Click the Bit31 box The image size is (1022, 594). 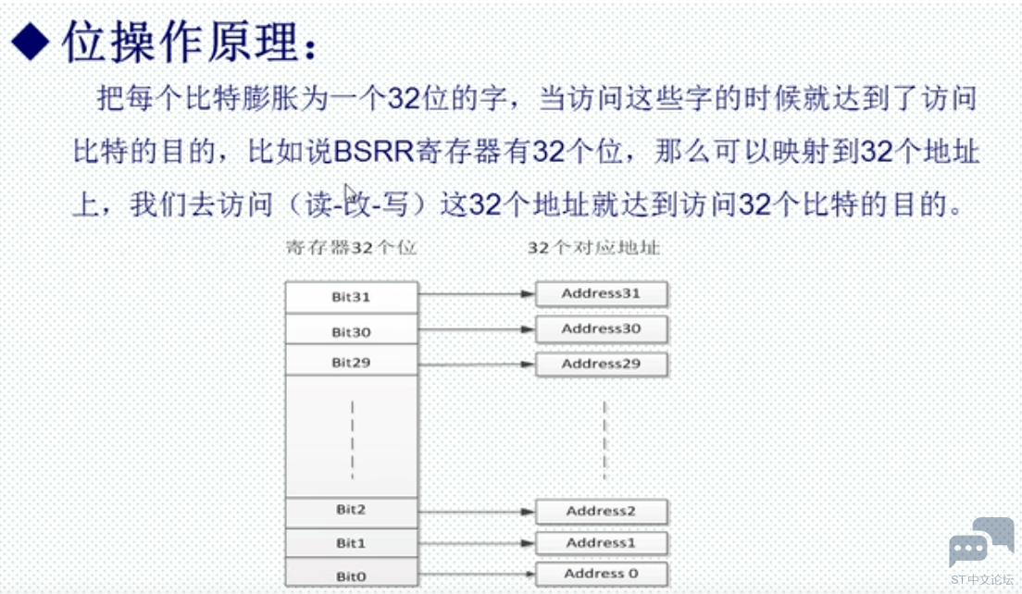tap(352, 297)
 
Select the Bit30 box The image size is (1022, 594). tap(352, 329)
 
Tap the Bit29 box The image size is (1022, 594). tap(352, 361)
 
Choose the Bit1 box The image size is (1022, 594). tap(352, 543)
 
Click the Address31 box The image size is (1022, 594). tap(602, 293)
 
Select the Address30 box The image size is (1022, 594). tap(602, 328)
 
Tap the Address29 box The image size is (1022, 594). tap(602, 365)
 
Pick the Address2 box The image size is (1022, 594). tap(602, 512)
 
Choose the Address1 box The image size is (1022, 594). tap(602, 543)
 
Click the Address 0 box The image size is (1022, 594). tap(602, 574)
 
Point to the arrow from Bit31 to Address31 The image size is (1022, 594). tap(477, 294)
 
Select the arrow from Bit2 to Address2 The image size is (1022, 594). tap(477, 512)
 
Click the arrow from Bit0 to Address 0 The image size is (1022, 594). tap(477, 574)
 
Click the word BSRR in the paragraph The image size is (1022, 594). tap(373, 152)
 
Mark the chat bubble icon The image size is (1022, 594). tap(981, 541)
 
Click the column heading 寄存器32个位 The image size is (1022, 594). tap(352, 248)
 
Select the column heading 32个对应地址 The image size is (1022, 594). tap(593, 248)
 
